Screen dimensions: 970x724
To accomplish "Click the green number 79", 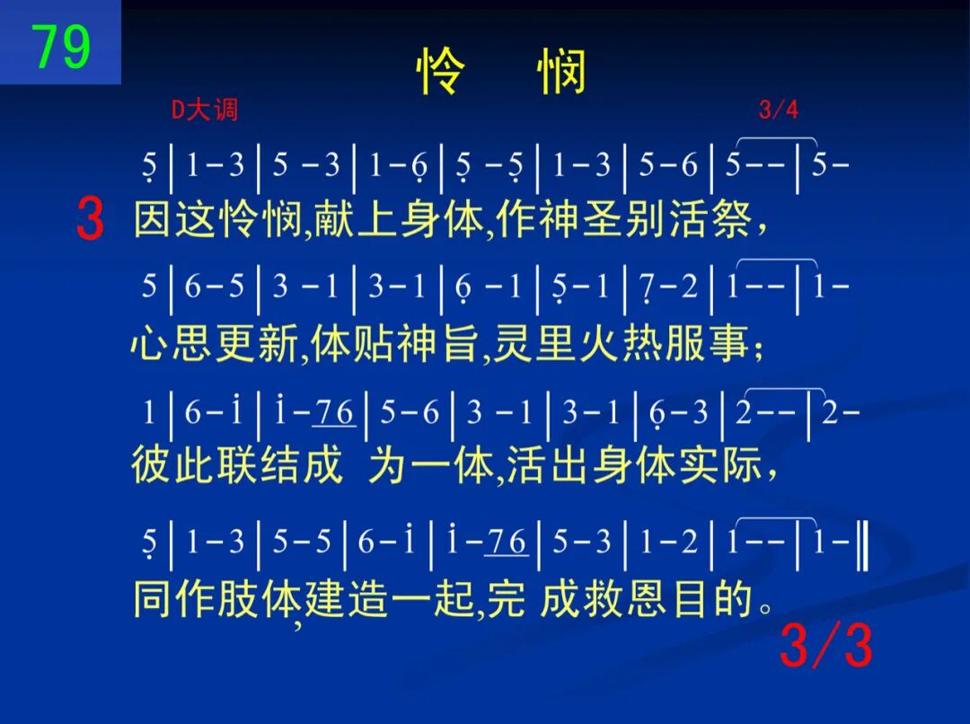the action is pos(61,47).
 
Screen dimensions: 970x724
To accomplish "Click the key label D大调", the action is pos(204,110).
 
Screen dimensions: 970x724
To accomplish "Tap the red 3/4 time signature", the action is pos(778,110).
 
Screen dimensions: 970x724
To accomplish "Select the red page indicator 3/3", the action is pos(826,646).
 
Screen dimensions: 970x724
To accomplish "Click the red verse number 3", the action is pos(91,219).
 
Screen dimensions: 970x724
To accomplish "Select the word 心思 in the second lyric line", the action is pos(172,343).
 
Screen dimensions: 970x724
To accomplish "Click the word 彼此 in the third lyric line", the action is pos(172,464).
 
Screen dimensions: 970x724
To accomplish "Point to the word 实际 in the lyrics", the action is pos(720,464).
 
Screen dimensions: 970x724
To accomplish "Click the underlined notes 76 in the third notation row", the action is pos(334,412).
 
